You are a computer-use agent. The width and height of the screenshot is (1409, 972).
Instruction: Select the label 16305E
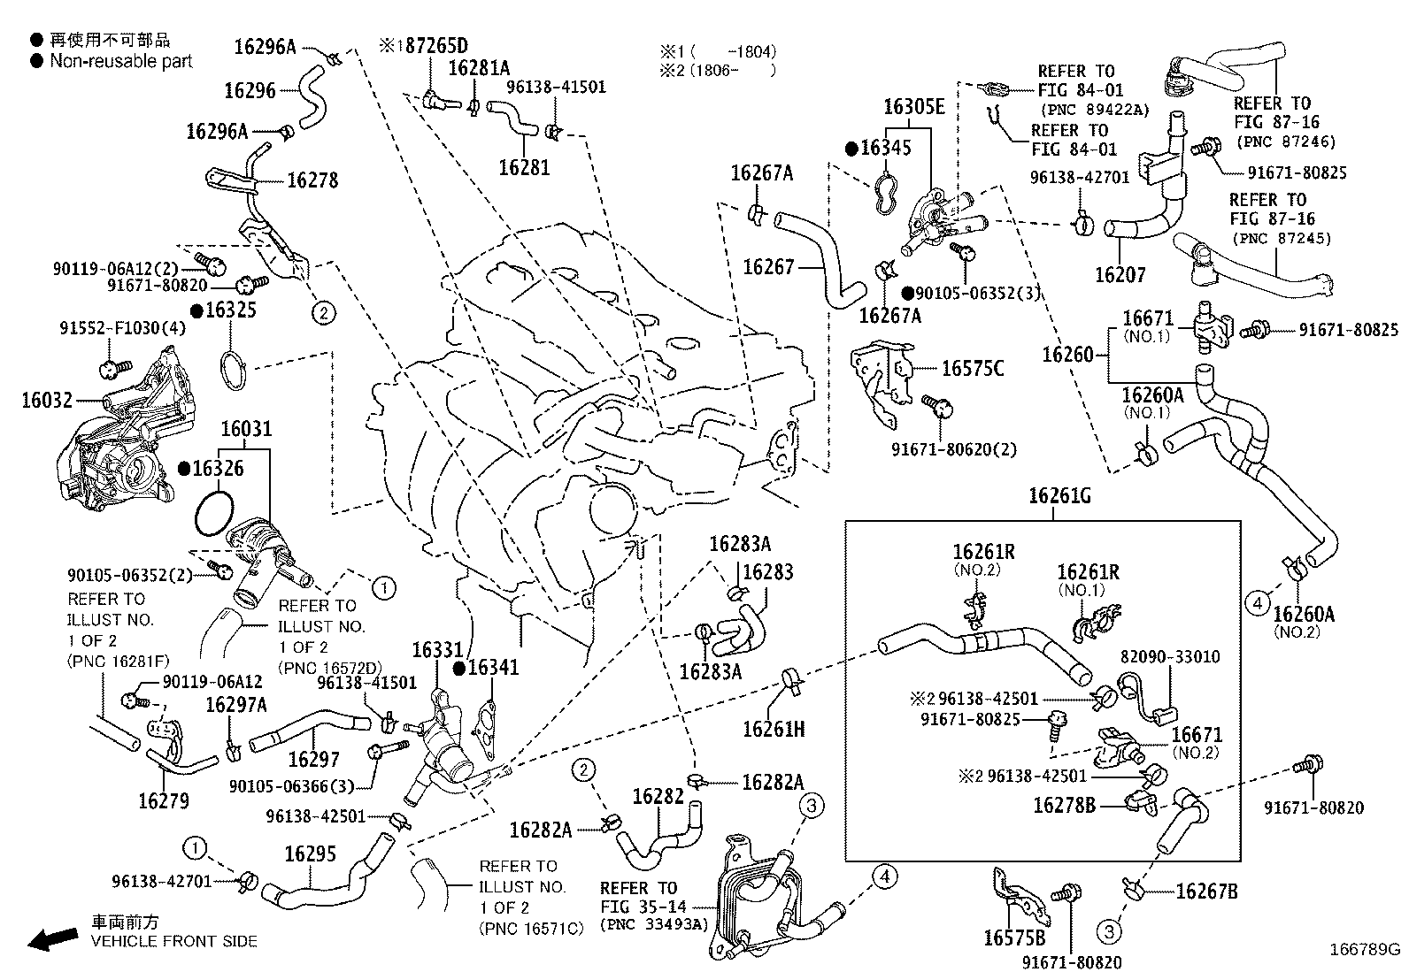914,108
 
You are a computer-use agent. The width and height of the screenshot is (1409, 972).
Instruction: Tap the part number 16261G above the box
1059,496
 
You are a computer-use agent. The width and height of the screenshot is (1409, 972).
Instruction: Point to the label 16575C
972,369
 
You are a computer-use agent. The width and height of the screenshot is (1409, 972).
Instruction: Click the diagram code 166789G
1364,950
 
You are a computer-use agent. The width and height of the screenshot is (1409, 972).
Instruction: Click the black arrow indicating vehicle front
51,939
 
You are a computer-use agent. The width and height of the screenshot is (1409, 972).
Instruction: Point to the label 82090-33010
1169,657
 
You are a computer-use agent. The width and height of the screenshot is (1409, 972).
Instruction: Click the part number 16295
310,853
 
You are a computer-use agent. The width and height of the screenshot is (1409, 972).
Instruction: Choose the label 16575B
1013,938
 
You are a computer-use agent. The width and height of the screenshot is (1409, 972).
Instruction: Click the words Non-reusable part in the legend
120,61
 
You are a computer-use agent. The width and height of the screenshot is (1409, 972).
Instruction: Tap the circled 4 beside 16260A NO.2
1257,604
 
